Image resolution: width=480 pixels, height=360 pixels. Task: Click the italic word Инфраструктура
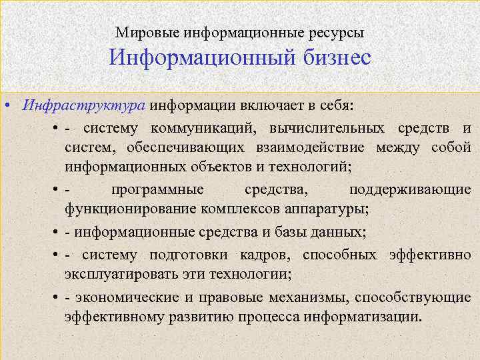pyautogui.click(x=84, y=106)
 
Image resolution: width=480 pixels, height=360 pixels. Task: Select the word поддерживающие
pyautogui.click(x=409, y=190)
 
